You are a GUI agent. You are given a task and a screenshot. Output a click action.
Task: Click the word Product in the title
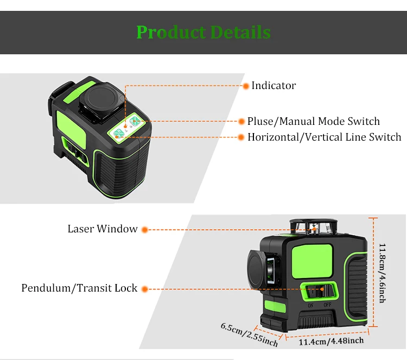[x=171, y=32]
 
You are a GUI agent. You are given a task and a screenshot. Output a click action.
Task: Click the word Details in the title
[x=240, y=32]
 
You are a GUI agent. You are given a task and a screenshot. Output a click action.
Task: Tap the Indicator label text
[x=274, y=85]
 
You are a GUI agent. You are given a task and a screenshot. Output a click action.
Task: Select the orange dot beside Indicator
[x=245, y=86]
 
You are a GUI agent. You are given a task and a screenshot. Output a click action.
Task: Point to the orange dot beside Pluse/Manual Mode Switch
[x=241, y=121]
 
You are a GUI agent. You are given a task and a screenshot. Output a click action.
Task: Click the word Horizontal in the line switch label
[x=273, y=137]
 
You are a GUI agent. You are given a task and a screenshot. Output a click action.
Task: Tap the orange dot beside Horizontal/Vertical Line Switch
[x=241, y=137]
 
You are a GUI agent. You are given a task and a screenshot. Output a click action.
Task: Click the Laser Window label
[x=103, y=229]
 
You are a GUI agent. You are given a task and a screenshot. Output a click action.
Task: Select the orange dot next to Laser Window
[x=145, y=230]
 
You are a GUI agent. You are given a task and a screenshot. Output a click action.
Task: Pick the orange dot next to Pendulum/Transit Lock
[x=145, y=289]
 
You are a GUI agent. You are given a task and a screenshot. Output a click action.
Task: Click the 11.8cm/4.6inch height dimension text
[x=382, y=273]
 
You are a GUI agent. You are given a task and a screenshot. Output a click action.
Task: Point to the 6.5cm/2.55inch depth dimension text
[x=249, y=334]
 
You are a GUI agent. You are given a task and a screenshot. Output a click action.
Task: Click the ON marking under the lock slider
[x=311, y=306]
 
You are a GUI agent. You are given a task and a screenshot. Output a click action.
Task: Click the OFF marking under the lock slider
[x=328, y=305]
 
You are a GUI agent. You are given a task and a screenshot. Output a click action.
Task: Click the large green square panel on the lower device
[x=312, y=261]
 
